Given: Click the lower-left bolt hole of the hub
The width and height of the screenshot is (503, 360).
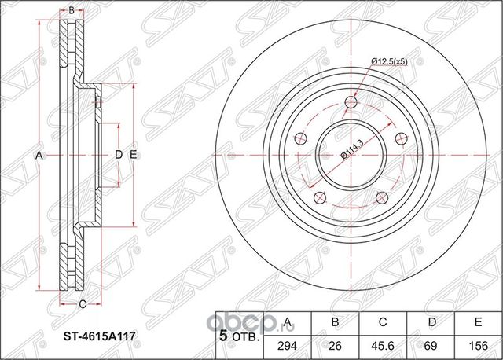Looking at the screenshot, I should point(319,197).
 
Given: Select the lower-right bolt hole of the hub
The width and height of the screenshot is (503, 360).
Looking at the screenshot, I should point(380,197).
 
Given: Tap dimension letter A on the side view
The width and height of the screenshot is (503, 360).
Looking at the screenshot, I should point(39,155).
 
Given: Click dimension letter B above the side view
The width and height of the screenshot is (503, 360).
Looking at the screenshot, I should point(71,10).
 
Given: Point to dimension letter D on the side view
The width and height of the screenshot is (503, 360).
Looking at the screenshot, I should point(118,155).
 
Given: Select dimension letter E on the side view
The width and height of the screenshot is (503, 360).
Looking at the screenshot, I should point(134,155).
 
